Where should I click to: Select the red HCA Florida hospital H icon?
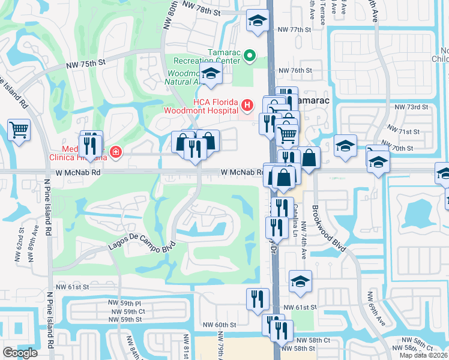coord(246,106)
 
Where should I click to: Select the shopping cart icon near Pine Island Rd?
coord(19,129)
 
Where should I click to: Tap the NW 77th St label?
coord(294,29)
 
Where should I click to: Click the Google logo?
coord(20,353)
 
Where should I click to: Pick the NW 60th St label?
coord(220,325)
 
